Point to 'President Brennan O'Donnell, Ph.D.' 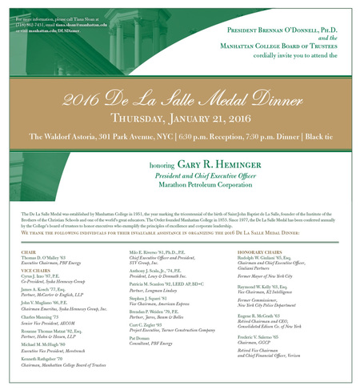point(282,28)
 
